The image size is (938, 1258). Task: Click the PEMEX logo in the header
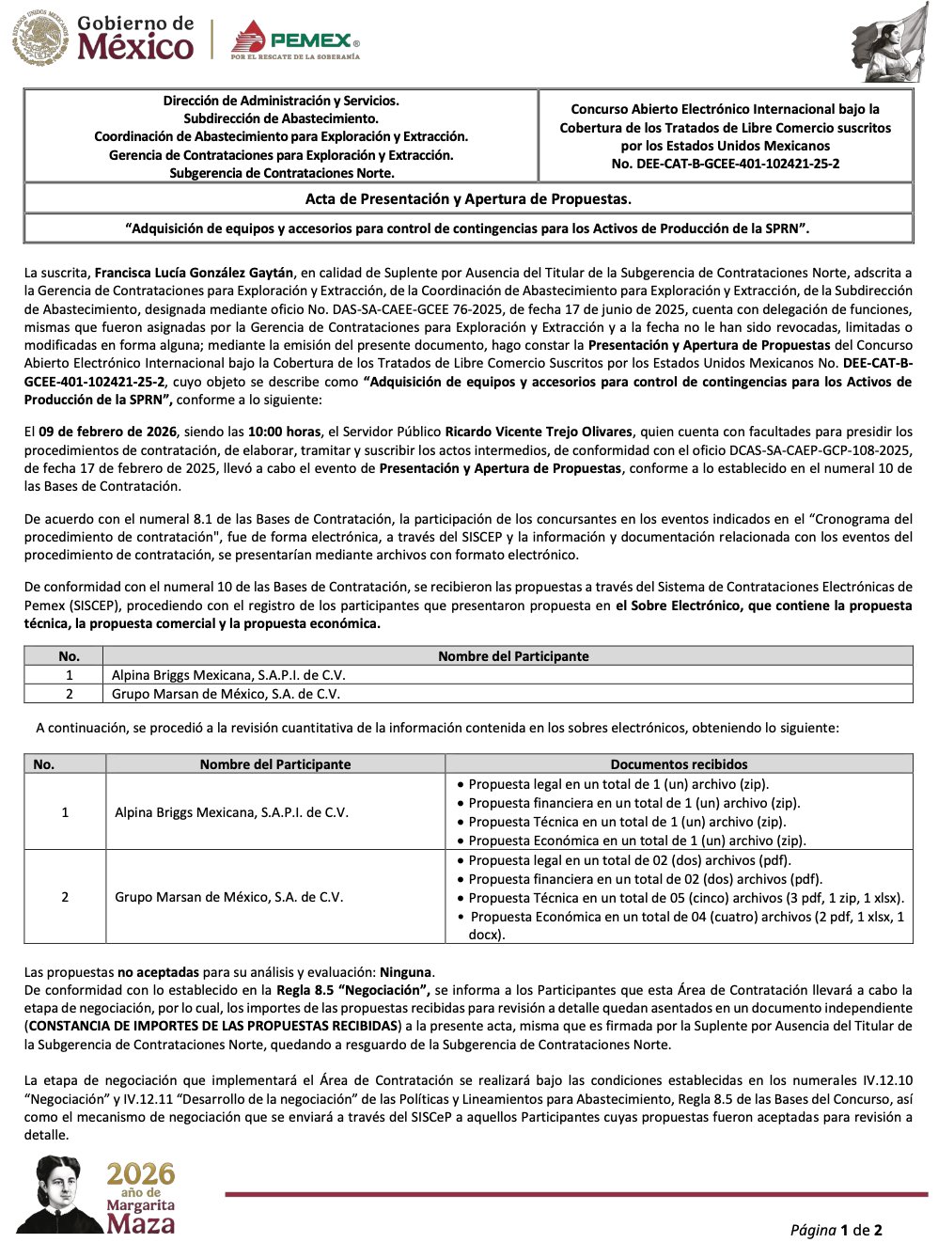295,40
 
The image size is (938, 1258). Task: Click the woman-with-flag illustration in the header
886,43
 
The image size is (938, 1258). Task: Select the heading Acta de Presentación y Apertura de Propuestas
468,199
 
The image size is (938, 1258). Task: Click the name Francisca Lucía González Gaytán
195,274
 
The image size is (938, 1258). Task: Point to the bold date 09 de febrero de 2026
108,432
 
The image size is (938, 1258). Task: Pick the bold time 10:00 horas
284,432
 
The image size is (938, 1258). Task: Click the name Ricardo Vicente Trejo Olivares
539,432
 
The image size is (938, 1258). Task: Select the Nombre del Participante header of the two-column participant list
513,656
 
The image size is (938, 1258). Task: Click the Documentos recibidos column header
679,764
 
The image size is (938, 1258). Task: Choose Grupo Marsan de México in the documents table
228,897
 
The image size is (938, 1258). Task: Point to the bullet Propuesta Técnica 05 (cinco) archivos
685,898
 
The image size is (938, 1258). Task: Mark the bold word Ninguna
405,972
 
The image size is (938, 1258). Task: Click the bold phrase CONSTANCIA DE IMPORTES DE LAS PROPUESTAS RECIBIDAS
212,1026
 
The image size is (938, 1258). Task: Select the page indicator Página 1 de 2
836,1230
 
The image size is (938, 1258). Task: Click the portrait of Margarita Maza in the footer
61,1194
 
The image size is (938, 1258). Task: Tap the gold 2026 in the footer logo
140,1174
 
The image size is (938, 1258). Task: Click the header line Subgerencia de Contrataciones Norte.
281,173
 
